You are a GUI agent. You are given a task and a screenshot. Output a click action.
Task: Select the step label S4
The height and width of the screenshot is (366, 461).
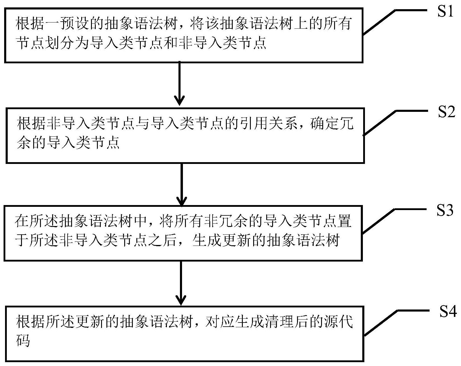(448, 312)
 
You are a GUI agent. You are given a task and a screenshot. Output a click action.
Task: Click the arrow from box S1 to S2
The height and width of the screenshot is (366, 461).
(180, 83)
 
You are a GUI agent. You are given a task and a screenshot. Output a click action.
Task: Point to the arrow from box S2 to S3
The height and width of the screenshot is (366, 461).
(181, 183)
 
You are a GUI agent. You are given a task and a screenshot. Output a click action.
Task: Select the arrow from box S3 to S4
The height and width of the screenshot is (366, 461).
(181, 283)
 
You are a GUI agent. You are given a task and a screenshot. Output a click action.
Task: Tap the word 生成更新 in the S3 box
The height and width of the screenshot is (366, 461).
(222, 240)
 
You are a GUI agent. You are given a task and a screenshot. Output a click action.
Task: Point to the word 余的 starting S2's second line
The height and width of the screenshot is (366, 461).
(31, 143)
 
